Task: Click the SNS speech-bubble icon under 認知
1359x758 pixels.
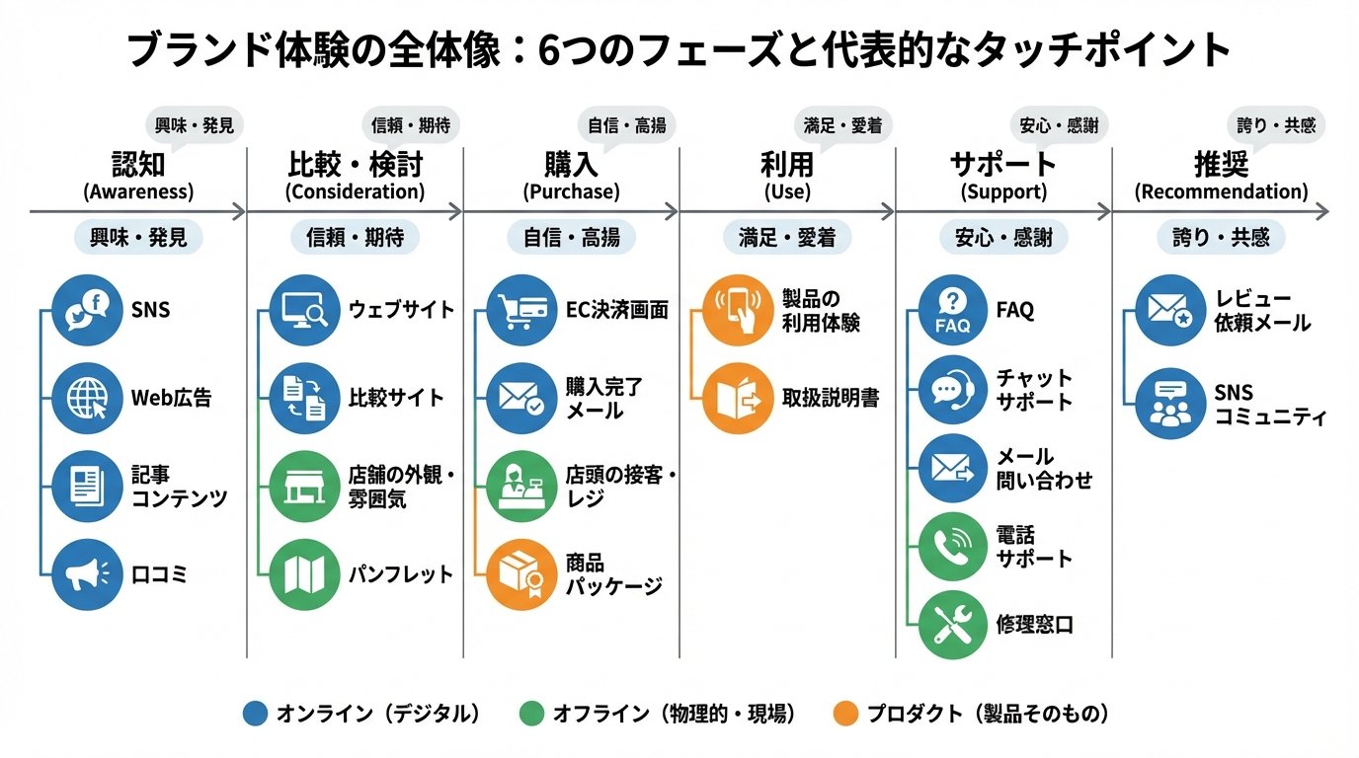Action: click(87, 310)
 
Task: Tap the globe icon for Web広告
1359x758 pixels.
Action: click(87, 398)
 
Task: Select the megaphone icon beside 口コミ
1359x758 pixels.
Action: click(87, 573)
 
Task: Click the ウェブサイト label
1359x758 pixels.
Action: click(401, 310)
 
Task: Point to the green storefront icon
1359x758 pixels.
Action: click(304, 487)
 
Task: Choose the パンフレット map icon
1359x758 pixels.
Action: click(304, 573)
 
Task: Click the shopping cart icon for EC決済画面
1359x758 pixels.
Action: click(521, 310)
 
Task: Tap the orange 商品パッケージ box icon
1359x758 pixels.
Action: click(521, 573)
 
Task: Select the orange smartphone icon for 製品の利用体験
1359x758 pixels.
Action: click(738, 310)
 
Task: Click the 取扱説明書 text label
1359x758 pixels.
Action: click(830, 398)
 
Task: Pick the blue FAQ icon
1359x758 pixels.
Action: click(953, 310)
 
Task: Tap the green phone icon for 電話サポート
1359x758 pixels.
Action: click(953, 546)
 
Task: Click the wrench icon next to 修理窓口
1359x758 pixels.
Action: click(953, 624)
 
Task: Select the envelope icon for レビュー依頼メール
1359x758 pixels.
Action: click(1170, 310)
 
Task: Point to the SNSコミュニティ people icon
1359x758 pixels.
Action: click(1170, 404)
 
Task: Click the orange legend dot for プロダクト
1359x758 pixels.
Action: click(845, 714)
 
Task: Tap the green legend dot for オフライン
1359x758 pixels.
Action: click(531, 714)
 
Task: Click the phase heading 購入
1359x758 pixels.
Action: click(571, 164)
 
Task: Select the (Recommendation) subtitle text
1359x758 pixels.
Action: click(1221, 191)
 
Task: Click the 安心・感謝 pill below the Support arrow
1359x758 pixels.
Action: click(1003, 238)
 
